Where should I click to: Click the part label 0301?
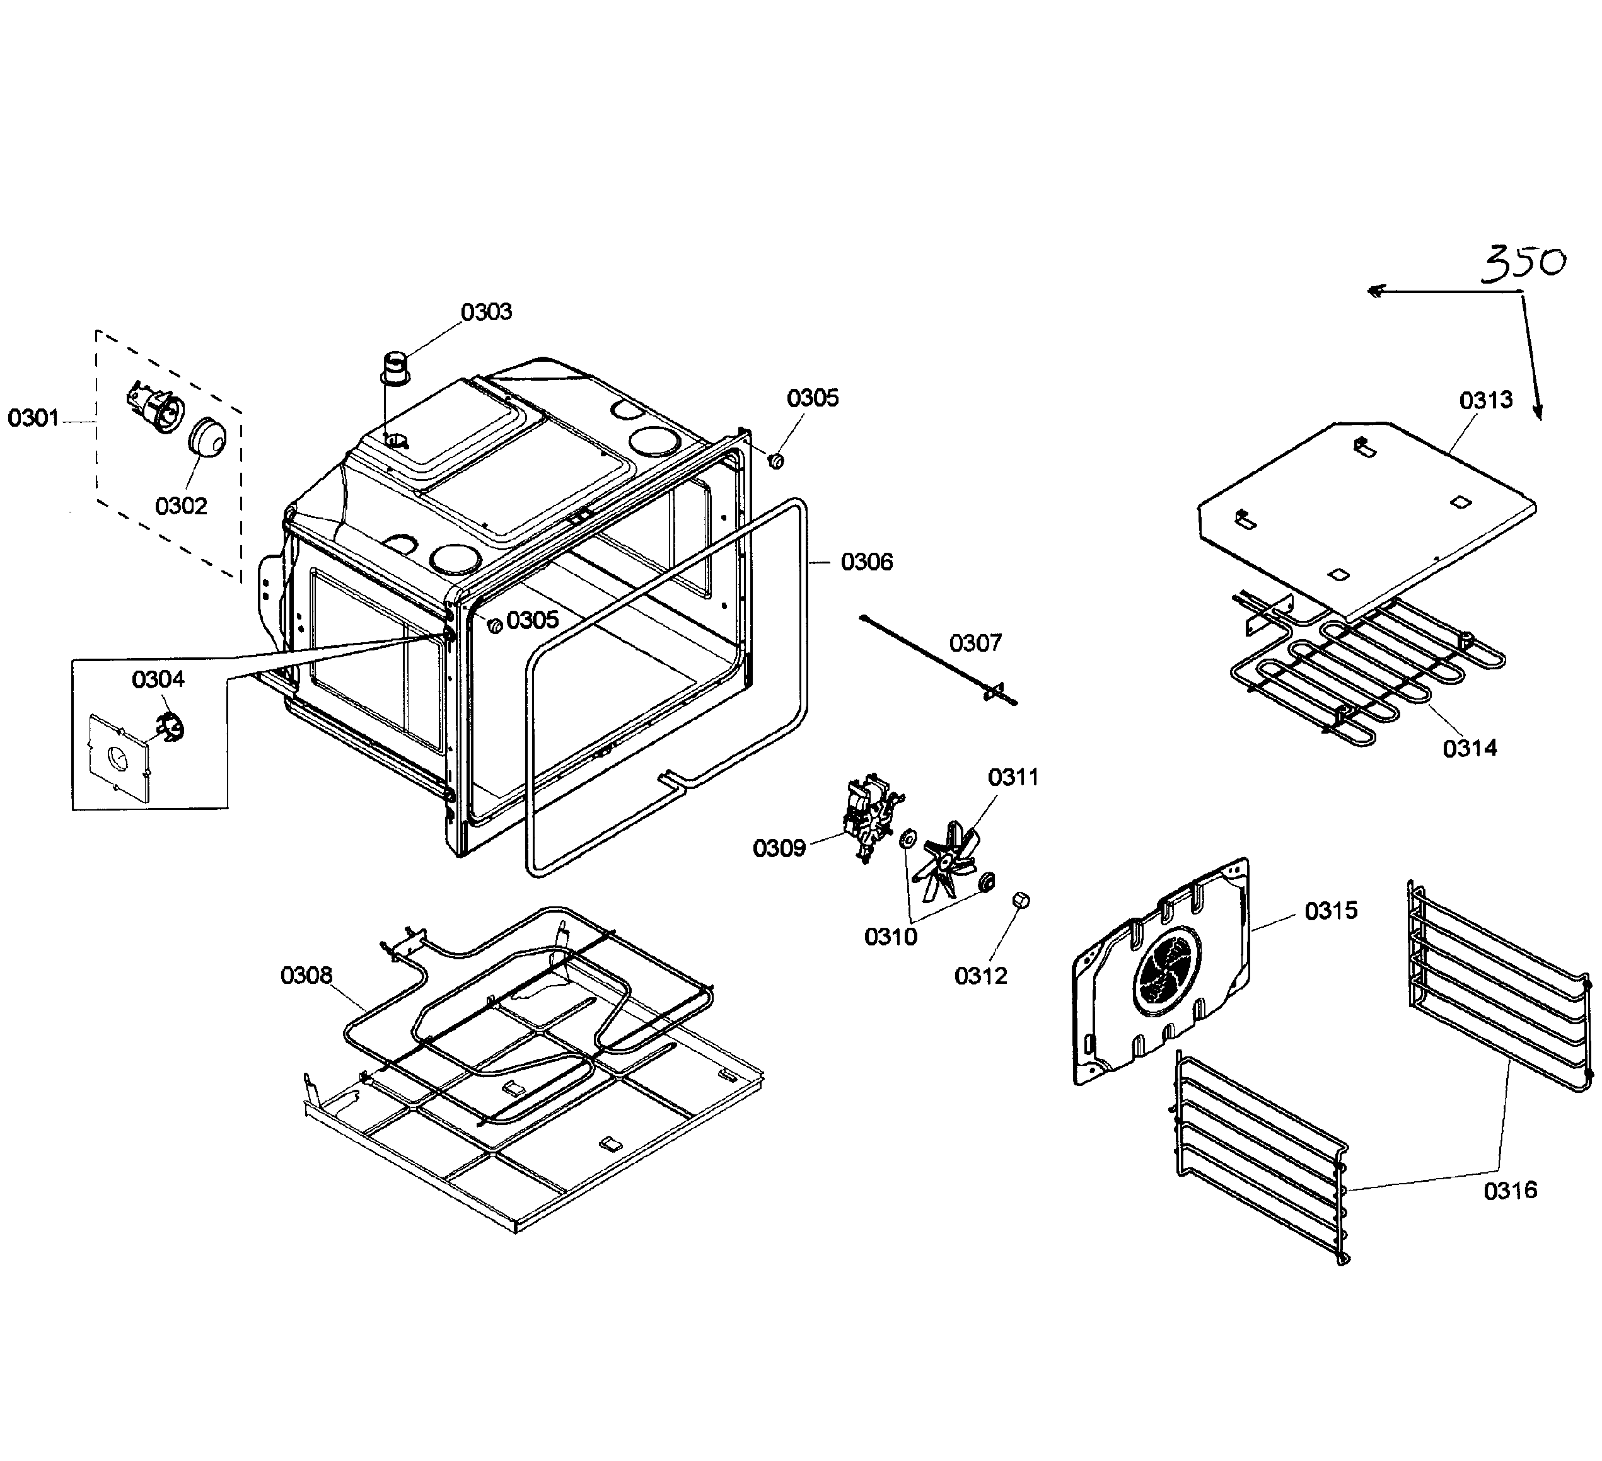pos(33,418)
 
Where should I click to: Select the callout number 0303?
pos(486,312)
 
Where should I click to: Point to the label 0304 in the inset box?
pos(158,679)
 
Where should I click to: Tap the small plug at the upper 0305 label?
pos(776,460)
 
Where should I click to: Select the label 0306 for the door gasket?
pos(866,562)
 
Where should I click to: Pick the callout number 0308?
pos(306,975)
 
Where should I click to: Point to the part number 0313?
pos(1486,400)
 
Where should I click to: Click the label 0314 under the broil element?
pos(1470,748)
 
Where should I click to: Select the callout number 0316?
pos(1510,1190)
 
